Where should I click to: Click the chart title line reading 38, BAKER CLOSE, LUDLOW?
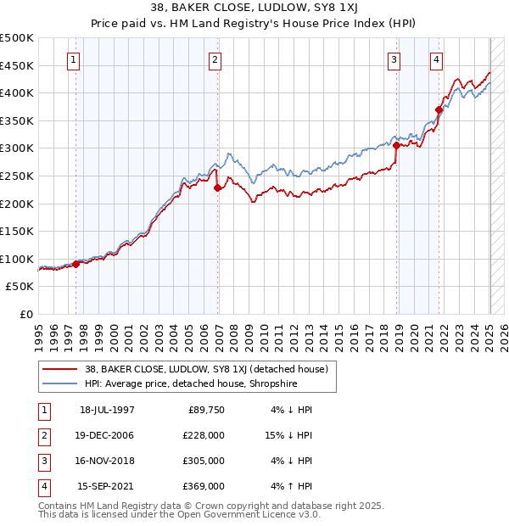[x=255, y=7]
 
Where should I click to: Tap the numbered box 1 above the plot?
[x=74, y=59]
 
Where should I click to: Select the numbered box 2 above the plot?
[x=215, y=59]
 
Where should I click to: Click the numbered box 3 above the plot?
[x=394, y=59]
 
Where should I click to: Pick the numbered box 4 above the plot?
[x=436, y=59]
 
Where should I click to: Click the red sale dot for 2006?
[x=218, y=188]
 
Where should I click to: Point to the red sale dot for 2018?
[x=396, y=146]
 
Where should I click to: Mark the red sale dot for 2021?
[x=439, y=109]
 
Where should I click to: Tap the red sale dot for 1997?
[x=76, y=264]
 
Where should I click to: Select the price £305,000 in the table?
[x=204, y=461]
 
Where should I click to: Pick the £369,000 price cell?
[x=204, y=486]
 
